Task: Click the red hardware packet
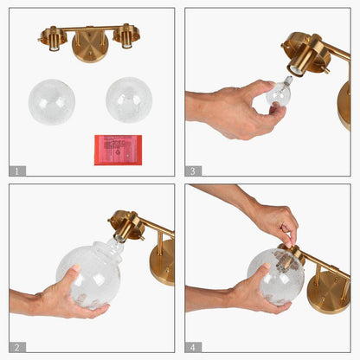click(118, 150)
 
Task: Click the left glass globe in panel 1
click(52, 102)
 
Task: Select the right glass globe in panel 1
click(129, 100)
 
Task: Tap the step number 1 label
click(17, 170)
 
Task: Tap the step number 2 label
click(17, 347)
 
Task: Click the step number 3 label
click(193, 170)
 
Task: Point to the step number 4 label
click(193, 347)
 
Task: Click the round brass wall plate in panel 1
click(90, 46)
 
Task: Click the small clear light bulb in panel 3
click(278, 92)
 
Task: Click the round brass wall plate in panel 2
click(163, 262)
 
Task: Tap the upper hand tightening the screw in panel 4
click(260, 210)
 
